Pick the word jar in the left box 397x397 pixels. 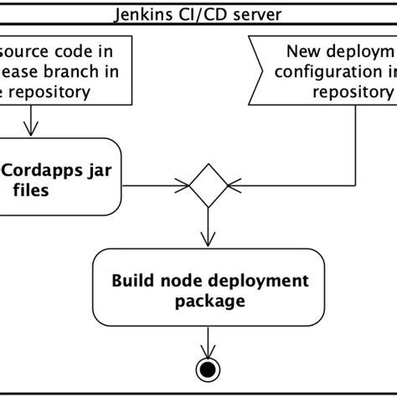click(103, 170)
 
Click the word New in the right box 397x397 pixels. click(305, 50)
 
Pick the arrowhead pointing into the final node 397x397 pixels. click(207, 352)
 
